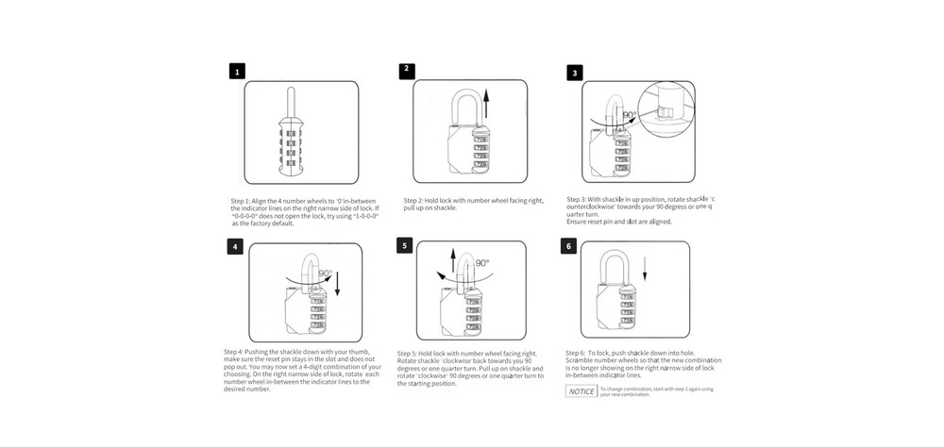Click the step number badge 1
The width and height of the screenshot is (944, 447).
[x=238, y=72]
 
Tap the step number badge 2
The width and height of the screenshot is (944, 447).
[x=406, y=69]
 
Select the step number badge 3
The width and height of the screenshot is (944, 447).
[x=575, y=73]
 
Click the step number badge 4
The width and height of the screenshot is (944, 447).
[x=235, y=247]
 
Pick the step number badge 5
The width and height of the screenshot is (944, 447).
[x=405, y=245]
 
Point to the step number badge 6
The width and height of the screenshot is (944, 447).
[x=567, y=247]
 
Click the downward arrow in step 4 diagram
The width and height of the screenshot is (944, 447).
[x=337, y=279]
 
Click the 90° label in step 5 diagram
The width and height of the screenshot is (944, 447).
[x=482, y=264]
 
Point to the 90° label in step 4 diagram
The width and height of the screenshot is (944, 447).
[x=326, y=274]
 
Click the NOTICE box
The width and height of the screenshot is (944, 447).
[x=581, y=390]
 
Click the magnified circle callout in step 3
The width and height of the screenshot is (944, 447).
[x=665, y=109]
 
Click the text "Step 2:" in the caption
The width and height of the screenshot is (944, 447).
[x=416, y=201]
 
